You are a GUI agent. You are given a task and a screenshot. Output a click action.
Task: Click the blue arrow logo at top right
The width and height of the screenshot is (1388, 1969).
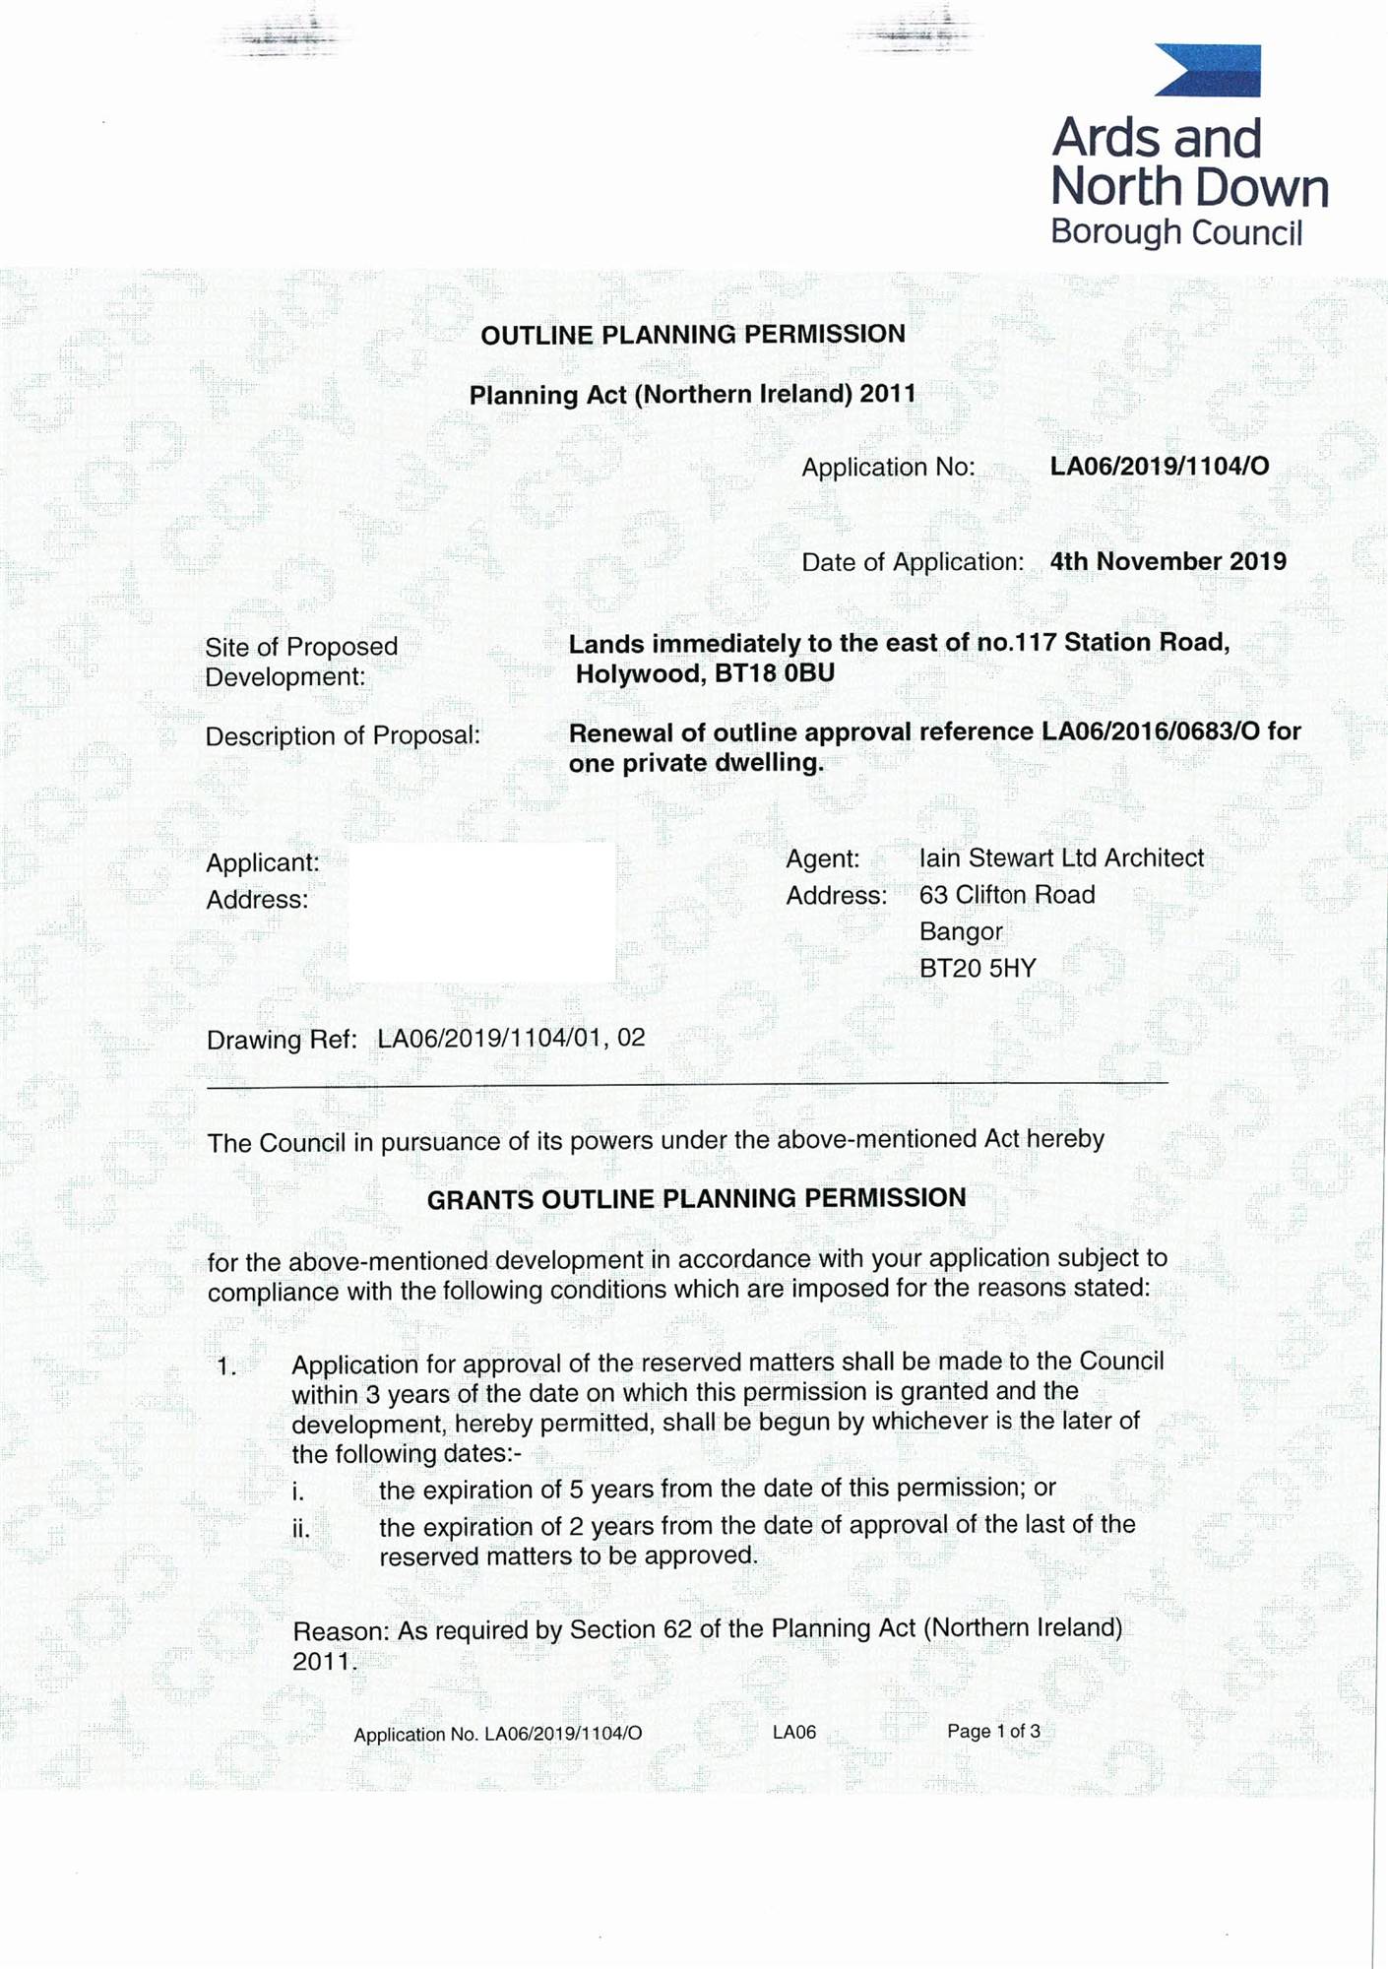[1208, 71]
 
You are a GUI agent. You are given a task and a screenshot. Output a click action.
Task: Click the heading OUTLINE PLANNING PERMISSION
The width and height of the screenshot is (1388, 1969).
[693, 335]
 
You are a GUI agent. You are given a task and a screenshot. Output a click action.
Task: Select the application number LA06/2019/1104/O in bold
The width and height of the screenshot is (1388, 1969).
[1160, 466]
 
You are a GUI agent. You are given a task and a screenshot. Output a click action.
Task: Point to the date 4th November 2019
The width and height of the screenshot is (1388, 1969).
[1167, 561]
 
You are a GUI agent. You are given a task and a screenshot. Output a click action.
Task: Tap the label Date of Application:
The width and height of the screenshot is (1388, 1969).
[913, 562]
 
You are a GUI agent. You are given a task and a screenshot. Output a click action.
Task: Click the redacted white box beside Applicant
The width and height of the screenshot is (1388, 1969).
[482, 912]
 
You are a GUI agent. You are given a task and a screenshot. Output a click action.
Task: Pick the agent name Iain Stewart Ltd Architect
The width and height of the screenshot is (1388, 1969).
[1061, 858]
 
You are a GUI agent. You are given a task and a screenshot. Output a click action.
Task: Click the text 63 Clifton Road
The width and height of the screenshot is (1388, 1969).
[1007, 895]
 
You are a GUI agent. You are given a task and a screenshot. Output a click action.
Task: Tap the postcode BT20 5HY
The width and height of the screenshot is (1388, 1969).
[978, 969]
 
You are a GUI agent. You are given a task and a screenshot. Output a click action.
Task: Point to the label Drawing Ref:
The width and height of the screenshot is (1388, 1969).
[282, 1040]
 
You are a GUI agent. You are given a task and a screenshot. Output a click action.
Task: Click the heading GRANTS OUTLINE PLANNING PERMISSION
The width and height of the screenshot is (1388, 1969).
[697, 1199]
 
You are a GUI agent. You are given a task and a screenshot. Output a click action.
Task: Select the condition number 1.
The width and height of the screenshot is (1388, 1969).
[226, 1366]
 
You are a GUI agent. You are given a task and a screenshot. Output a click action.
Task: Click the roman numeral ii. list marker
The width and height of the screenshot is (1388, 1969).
[300, 1530]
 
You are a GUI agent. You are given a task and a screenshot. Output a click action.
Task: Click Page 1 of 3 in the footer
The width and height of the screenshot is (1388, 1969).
[993, 1732]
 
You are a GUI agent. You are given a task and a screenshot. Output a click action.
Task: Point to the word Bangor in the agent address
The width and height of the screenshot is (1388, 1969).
[961, 931]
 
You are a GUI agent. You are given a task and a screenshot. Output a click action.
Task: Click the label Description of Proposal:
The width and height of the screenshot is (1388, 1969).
[343, 736]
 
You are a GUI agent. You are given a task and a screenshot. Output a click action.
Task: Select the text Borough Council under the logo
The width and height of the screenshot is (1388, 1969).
[1176, 232]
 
